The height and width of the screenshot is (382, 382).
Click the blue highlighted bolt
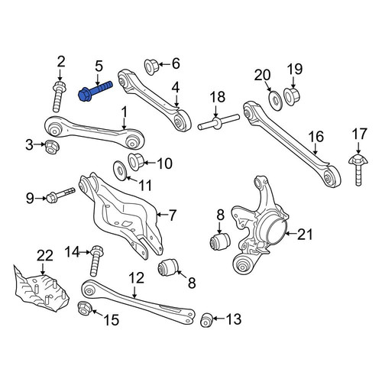click(x=95, y=90)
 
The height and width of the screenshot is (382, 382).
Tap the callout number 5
click(x=99, y=66)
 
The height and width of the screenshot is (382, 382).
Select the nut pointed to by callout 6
click(x=151, y=66)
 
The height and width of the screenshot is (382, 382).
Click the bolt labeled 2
click(x=59, y=96)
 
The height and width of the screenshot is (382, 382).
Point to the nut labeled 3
click(x=52, y=147)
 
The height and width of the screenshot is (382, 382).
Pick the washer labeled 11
click(x=120, y=170)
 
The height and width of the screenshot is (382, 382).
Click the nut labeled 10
click(x=136, y=162)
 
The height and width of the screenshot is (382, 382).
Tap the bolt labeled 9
click(x=60, y=195)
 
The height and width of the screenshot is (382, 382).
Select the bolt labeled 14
click(x=96, y=261)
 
